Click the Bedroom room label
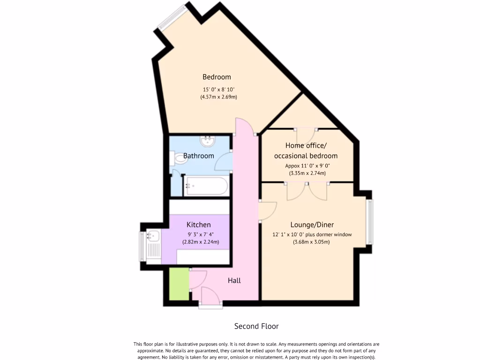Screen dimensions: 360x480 point(217,77)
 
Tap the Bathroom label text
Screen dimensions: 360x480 point(198,156)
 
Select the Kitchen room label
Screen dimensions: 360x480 point(199,225)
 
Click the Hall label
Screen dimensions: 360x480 point(234,280)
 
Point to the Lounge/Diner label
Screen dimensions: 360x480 point(312,225)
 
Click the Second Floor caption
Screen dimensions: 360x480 point(256,326)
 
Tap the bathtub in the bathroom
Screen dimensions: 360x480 point(206,186)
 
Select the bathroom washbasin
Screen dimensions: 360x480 point(207,141)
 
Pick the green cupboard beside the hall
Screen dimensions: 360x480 point(179,284)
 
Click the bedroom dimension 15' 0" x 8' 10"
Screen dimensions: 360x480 point(218,89)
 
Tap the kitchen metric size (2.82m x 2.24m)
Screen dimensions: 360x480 point(201,242)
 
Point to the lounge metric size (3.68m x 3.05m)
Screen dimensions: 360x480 point(311,242)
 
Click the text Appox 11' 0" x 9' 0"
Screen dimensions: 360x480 point(307,165)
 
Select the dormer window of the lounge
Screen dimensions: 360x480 point(370,222)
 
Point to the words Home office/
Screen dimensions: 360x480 point(306,145)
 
